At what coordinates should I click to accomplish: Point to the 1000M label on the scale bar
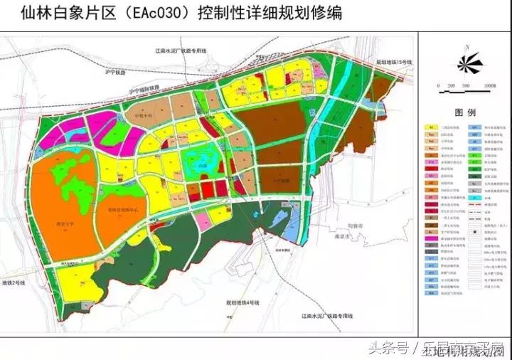coord(490,86)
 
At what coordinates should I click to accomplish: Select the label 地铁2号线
coord(13,283)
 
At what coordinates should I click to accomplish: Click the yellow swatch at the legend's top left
coord(432,127)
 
